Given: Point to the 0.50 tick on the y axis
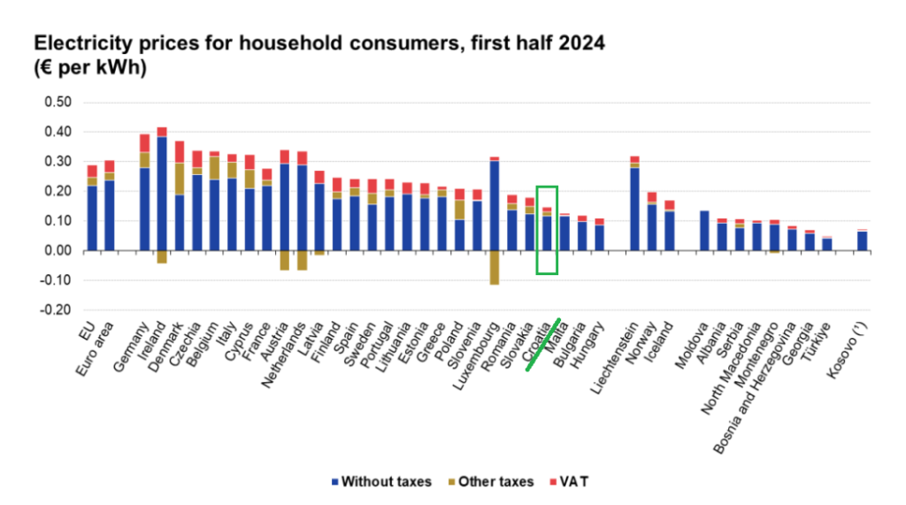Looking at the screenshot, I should pos(58,103).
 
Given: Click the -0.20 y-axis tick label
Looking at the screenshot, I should pos(56,310).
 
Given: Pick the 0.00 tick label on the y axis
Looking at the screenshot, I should pos(58,251).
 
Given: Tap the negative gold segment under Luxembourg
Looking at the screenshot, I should pos(495,267).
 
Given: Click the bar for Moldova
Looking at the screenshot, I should pos(704,231).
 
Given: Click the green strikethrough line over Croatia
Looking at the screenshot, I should pos(543,344).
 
